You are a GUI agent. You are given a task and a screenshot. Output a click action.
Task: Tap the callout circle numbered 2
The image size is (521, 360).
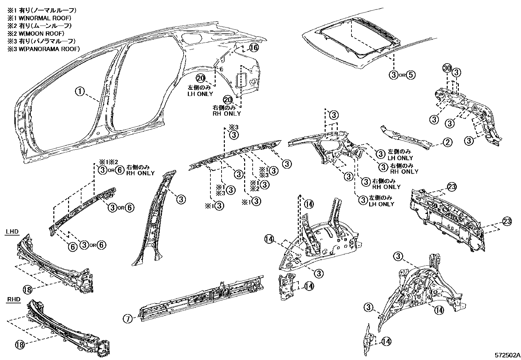447,142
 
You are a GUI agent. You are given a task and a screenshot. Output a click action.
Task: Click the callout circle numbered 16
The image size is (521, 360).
254,48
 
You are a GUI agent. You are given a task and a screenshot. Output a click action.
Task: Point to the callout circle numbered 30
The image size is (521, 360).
447,69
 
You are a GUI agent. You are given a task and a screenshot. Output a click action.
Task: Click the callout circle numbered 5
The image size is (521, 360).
411,75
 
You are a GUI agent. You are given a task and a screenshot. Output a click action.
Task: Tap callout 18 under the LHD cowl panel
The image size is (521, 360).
27,289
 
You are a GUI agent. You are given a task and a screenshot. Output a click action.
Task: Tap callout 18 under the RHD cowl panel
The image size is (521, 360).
20,344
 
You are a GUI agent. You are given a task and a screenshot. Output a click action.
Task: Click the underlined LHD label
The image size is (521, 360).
12,232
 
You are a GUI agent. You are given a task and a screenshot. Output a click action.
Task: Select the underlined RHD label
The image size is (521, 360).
13,299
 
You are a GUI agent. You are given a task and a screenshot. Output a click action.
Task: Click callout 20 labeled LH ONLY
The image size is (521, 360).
201,78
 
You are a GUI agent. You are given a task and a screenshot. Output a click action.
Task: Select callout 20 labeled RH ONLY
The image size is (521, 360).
228,100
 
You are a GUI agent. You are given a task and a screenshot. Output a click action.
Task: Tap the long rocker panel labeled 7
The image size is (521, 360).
203,296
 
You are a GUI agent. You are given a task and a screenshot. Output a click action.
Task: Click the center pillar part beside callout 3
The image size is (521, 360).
154,216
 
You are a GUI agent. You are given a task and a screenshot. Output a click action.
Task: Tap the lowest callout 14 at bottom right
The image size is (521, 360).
386,341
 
